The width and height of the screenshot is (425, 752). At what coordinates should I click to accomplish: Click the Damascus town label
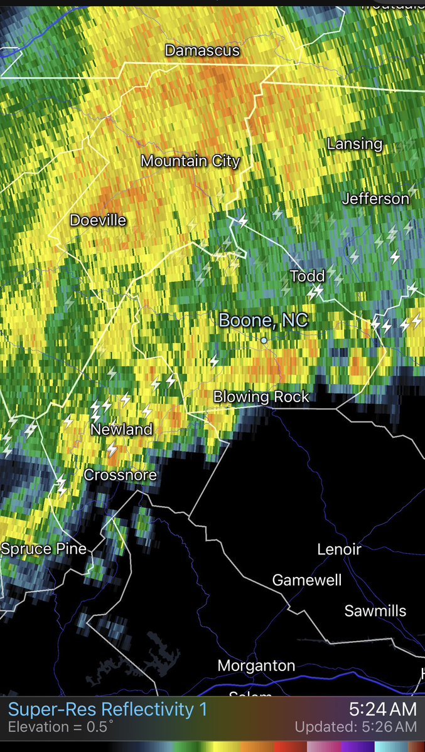(202, 50)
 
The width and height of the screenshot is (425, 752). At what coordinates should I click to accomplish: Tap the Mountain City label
(190, 161)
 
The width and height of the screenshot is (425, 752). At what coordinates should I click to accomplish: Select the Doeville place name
(98, 220)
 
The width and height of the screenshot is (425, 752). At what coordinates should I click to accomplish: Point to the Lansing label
(355, 144)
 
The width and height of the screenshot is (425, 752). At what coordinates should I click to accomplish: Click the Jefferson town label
(375, 199)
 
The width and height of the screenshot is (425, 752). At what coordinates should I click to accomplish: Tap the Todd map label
(308, 275)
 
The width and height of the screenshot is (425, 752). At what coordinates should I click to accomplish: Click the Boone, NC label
(264, 320)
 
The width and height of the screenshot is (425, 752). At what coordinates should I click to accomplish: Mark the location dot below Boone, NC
(264, 341)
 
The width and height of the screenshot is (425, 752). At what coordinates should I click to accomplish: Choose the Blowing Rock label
(261, 396)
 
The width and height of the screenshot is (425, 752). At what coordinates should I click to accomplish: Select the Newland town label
(122, 430)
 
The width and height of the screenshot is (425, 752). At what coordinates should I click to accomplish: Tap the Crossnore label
(120, 475)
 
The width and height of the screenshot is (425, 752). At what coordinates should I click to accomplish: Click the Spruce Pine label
(43, 549)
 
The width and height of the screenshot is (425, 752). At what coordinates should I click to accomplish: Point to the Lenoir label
(339, 549)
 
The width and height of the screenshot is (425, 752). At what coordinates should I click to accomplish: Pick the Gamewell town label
(307, 580)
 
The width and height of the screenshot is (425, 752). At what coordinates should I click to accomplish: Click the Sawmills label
(375, 611)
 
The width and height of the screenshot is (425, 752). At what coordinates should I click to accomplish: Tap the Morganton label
(256, 665)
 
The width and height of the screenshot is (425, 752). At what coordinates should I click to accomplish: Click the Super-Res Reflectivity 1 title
(107, 710)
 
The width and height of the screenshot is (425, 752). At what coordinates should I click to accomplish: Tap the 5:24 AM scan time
(383, 709)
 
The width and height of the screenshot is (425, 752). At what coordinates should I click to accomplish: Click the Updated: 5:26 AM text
(356, 728)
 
